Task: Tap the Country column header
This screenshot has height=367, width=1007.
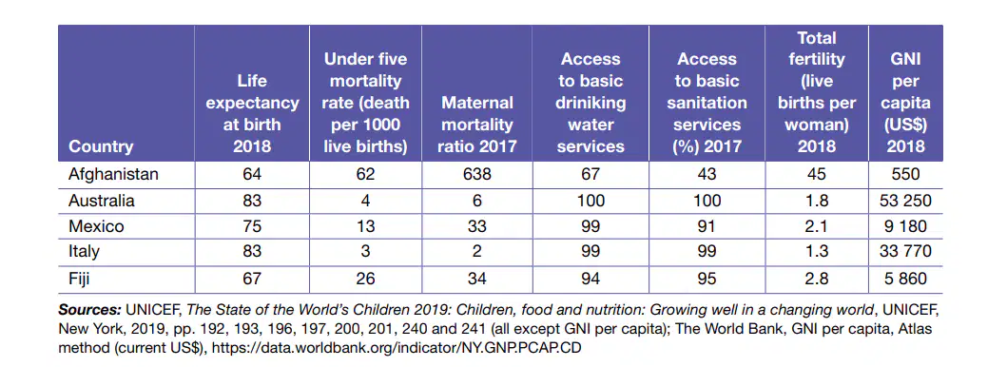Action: [101, 146]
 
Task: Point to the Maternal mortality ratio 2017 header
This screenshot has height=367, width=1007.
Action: [477, 125]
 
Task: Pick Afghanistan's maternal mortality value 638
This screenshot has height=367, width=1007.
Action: [477, 175]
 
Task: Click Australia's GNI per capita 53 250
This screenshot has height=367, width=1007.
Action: [905, 201]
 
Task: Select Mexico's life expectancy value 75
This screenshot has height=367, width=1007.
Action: [252, 226]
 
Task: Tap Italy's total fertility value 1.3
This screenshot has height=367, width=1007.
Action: [816, 252]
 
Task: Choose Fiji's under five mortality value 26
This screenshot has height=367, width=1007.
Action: [366, 279]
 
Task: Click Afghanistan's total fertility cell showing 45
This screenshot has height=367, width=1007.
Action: [816, 175]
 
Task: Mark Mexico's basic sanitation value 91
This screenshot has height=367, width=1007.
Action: [707, 226]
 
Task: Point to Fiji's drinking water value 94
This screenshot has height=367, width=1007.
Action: [591, 279]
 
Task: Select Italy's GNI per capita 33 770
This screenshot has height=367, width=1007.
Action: [905, 252]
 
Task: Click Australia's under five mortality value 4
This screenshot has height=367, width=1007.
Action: [366, 201]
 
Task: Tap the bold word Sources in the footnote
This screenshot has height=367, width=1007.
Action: [90, 311]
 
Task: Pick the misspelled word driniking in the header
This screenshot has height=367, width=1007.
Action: [591, 103]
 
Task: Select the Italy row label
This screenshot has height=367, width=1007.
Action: [84, 252]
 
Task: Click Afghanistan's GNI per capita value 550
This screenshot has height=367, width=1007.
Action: [905, 175]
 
